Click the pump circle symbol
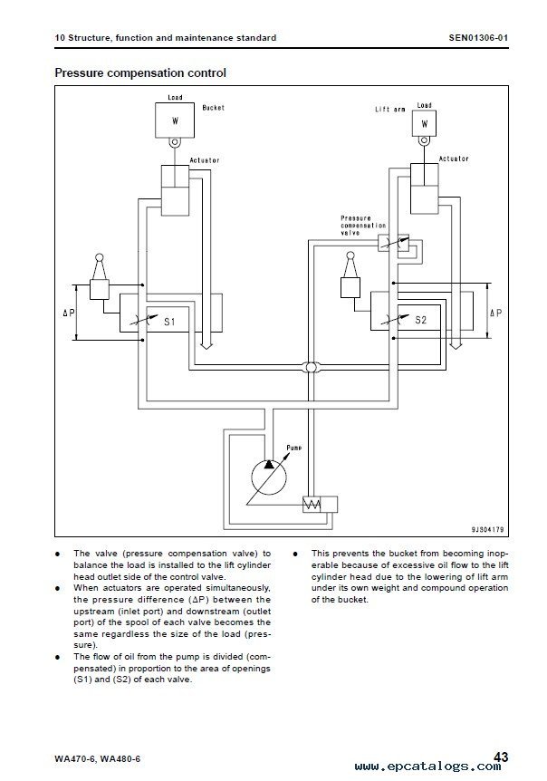(x=252, y=477)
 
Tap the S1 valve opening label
(x=169, y=322)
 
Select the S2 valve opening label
(x=420, y=320)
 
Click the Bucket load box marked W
(x=175, y=121)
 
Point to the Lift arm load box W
(x=425, y=123)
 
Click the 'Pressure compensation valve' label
(x=363, y=225)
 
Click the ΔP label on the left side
(x=69, y=313)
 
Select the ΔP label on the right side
(x=495, y=313)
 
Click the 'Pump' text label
(x=294, y=448)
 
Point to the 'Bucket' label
(x=214, y=108)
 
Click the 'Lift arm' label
(x=390, y=109)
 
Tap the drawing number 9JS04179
(x=487, y=529)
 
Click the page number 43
(x=500, y=757)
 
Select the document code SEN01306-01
(x=478, y=37)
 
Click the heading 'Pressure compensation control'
(x=140, y=72)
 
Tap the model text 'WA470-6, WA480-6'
(x=98, y=758)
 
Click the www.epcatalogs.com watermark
(x=428, y=767)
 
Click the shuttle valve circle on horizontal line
(x=311, y=368)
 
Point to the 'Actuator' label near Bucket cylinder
(x=205, y=160)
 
